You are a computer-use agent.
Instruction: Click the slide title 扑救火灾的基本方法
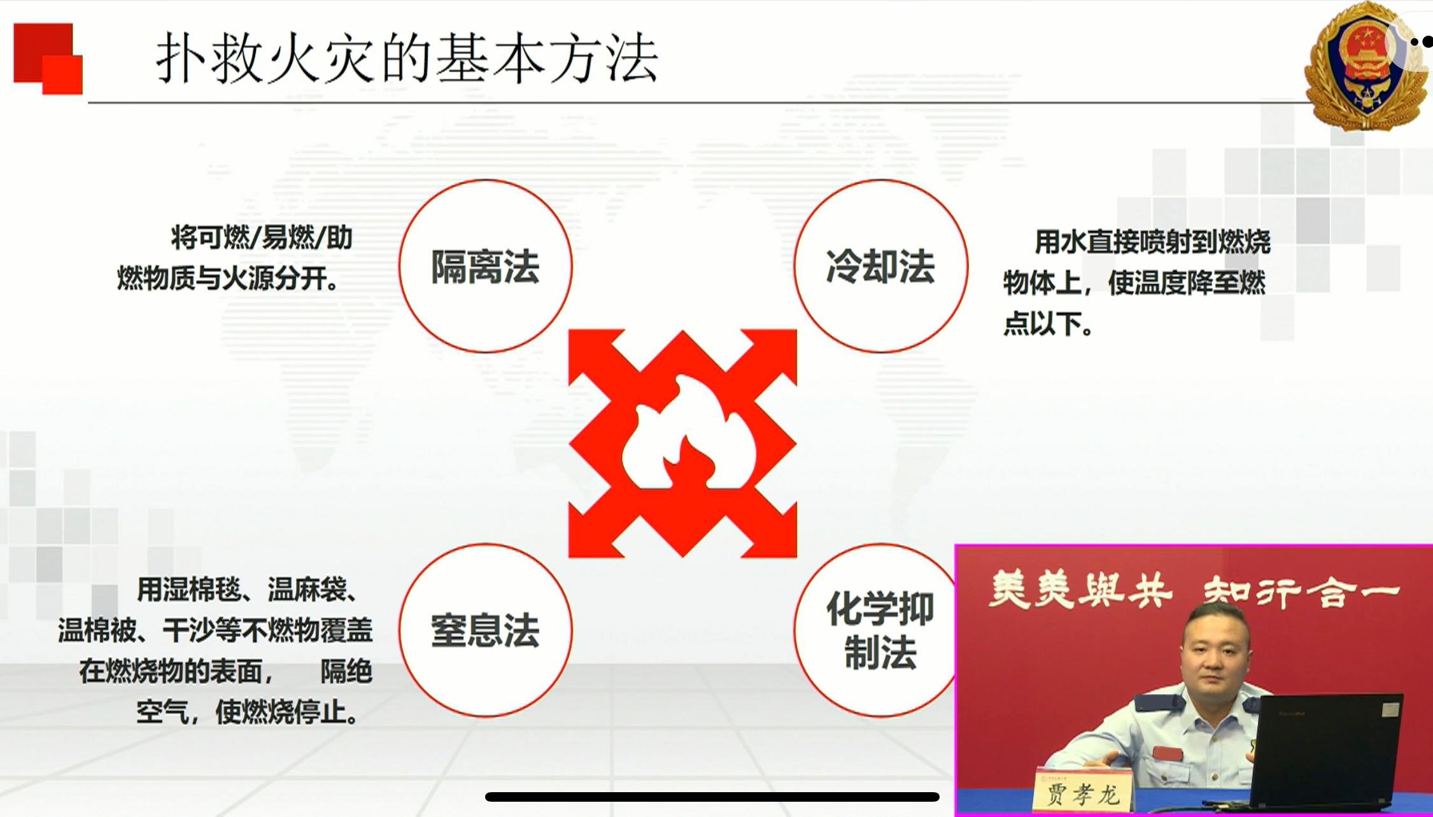pyautogui.click(x=407, y=58)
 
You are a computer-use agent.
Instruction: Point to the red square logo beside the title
pyautogui.click(x=48, y=59)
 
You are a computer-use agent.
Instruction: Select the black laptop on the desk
pyautogui.click(x=1327, y=751)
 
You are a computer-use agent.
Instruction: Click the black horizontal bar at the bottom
pyautogui.click(x=712, y=797)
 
